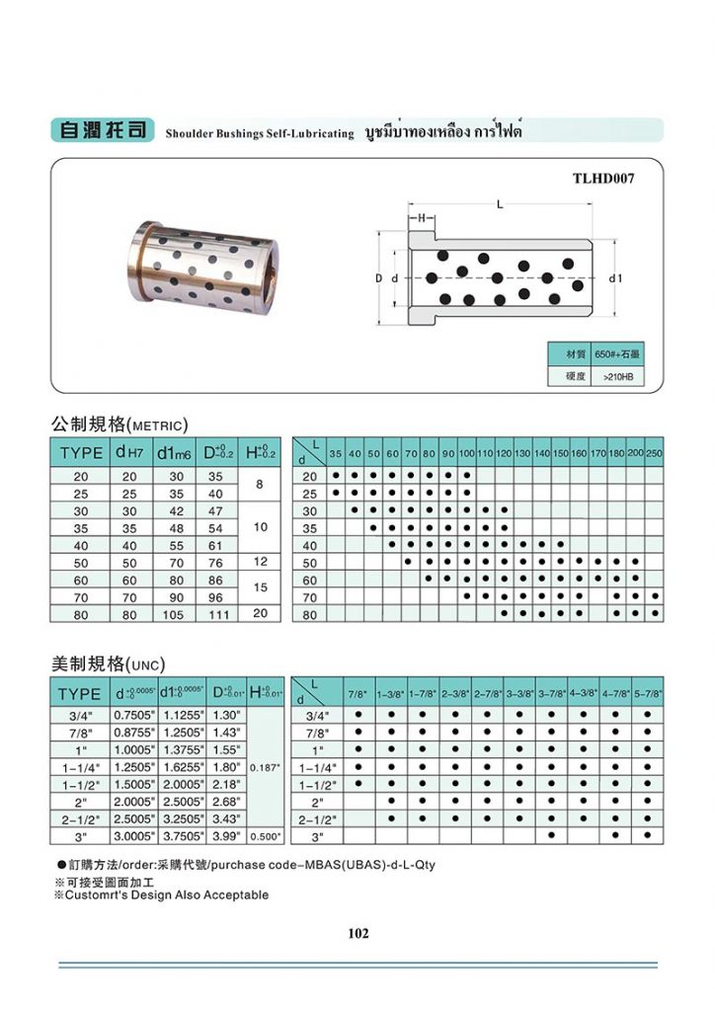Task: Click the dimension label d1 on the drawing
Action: (x=616, y=279)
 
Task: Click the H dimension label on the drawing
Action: (x=420, y=218)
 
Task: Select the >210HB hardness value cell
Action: (x=617, y=376)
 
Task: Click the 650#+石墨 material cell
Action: (x=617, y=353)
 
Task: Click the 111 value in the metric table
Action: (x=217, y=614)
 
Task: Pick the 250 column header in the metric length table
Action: (x=654, y=452)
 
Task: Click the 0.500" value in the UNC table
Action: (x=267, y=837)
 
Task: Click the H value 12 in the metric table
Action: (x=260, y=562)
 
